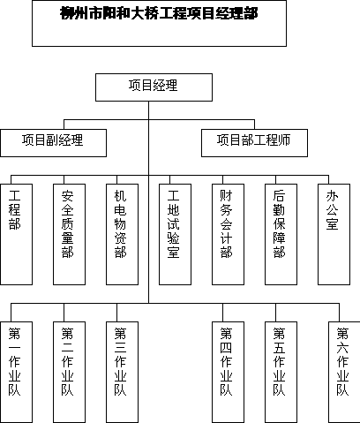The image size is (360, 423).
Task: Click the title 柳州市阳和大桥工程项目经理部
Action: (x=159, y=13)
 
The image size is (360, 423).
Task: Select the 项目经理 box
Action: (x=154, y=87)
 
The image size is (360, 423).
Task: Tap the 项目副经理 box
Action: (x=53, y=143)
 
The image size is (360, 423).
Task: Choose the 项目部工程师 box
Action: (x=254, y=143)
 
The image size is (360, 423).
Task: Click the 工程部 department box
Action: (x=16, y=235)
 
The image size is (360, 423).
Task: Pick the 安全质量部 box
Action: (x=69, y=235)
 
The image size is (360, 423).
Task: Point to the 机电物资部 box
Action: (x=122, y=235)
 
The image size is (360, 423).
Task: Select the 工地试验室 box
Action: (x=175, y=235)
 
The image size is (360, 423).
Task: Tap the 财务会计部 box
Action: (x=228, y=235)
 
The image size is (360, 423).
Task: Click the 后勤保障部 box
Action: (x=281, y=235)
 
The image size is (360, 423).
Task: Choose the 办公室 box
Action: (x=334, y=235)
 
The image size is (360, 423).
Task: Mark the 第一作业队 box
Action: (x=16, y=372)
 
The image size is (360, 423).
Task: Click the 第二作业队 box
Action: (x=69, y=372)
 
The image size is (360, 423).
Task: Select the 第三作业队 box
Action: (x=122, y=372)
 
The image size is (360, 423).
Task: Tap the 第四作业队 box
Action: (x=228, y=372)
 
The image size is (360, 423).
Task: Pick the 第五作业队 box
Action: (x=281, y=372)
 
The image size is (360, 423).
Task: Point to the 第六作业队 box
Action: (x=344, y=372)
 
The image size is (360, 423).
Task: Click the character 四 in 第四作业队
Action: (x=226, y=348)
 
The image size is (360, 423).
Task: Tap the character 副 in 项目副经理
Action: (x=53, y=140)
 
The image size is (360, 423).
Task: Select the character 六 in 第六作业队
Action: (x=342, y=348)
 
